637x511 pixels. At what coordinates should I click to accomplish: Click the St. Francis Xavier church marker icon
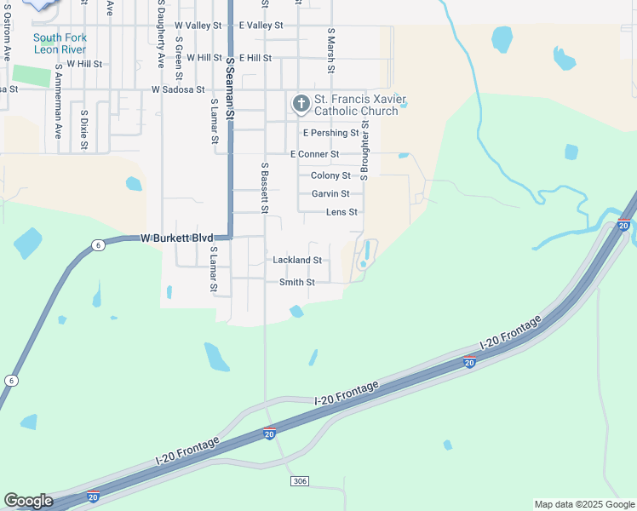[x=301, y=105]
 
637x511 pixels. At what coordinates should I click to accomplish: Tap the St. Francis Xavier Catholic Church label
[x=356, y=105]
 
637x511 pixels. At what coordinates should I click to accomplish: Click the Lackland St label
[x=296, y=260]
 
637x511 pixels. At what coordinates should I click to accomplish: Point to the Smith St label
[x=297, y=282]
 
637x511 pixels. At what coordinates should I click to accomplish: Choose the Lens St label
[x=341, y=212]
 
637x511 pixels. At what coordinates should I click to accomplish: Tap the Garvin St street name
[x=330, y=194]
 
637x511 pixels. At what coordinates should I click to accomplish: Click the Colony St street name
[x=330, y=175]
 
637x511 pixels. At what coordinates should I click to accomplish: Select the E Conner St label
[x=314, y=154]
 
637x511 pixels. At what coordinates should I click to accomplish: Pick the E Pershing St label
[x=330, y=133]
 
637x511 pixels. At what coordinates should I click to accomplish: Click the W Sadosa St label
[x=178, y=89]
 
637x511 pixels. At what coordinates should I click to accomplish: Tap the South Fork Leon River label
[x=60, y=43]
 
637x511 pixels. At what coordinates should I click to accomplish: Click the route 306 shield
[x=299, y=482]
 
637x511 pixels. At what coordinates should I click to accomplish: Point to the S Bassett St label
[x=265, y=187]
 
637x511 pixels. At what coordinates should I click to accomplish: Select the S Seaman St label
[x=230, y=82]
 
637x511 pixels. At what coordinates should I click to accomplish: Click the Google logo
[x=28, y=501]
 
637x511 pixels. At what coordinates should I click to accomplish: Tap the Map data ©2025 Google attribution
[x=583, y=504]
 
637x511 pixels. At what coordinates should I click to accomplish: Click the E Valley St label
[x=261, y=26]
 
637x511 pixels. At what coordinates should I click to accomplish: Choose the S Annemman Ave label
[x=58, y=100]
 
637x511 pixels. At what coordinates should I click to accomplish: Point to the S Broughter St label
[x=364, y=149]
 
